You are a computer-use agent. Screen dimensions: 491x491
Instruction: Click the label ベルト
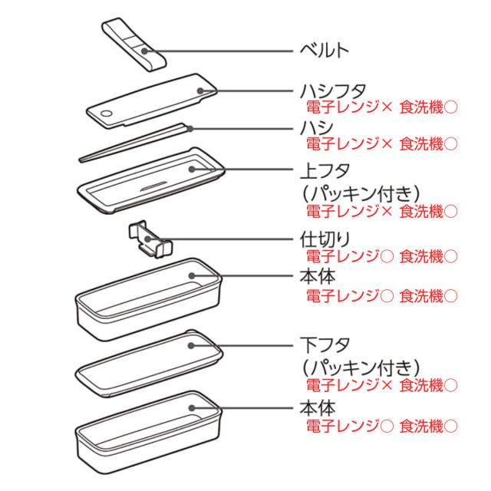pyautogui.click(x=325, y=51)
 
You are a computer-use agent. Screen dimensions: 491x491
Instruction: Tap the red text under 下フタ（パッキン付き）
pyautogui.click(x=381, y=384)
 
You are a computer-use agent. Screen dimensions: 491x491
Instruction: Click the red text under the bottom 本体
pyautogui.click(x=381, y=424)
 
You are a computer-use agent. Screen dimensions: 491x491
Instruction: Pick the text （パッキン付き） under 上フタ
pyautogui.click(x=361, y=189)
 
